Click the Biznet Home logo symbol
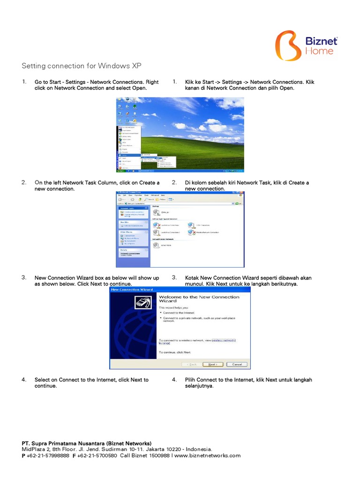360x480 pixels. coord(288,46)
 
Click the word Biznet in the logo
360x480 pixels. coord(321,41)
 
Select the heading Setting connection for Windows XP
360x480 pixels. coord(82,66)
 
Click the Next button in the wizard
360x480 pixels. coord(212,364)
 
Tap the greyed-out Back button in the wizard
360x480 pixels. coord(192,364)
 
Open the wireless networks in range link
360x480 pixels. coord(224,340)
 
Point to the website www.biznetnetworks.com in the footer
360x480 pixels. coord(207,455)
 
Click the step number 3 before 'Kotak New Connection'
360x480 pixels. coord(174,277)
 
